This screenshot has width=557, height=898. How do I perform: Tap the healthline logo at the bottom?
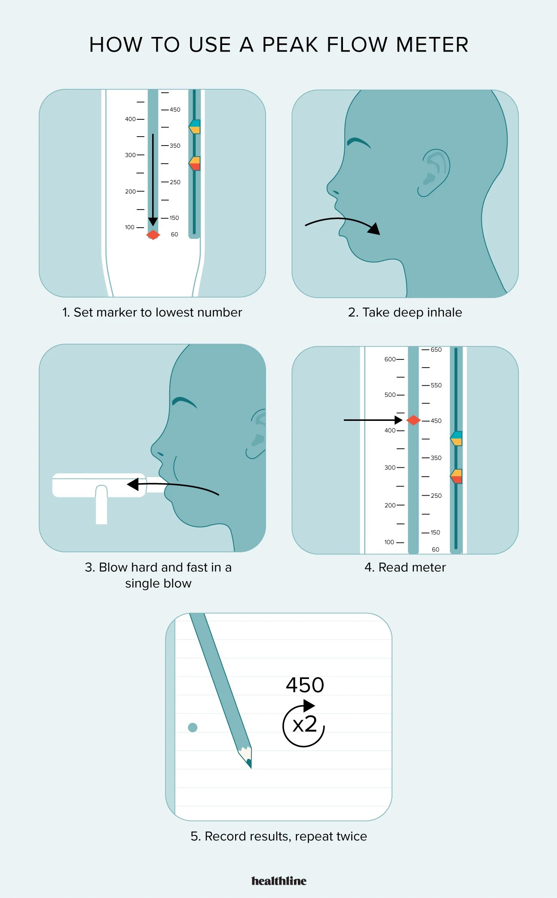pos(279,881)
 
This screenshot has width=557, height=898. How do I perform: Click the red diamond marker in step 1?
pos(153,235)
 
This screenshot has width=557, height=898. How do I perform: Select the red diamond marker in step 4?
pos(413,420)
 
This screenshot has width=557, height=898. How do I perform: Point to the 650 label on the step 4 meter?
pos(436,350)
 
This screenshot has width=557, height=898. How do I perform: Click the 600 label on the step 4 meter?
pos(390,359)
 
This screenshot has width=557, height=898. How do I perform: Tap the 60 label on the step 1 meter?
pos(174,234)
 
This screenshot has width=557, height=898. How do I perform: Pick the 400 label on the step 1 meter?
pos(130,119)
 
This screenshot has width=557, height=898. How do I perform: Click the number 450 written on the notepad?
pos(305,685)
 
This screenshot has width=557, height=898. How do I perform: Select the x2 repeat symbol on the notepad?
pos(304,724)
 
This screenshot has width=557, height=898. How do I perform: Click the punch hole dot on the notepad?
pos(193,727)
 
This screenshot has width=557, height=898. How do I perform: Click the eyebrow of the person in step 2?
pos(358,142)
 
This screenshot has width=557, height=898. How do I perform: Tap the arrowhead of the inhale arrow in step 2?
pos(374,229)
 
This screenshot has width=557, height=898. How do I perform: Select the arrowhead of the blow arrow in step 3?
pos(133,484)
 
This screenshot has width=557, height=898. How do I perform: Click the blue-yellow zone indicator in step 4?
pos(456,438)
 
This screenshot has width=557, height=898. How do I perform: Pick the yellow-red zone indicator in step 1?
pos(195,163)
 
